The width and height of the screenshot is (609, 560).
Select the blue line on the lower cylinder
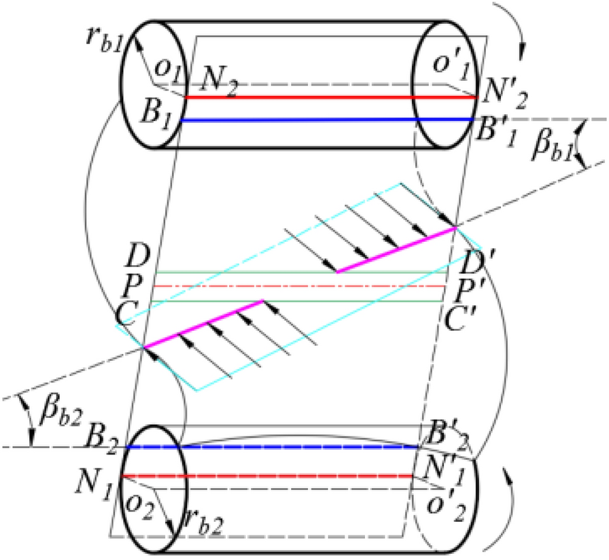point(272,447)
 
